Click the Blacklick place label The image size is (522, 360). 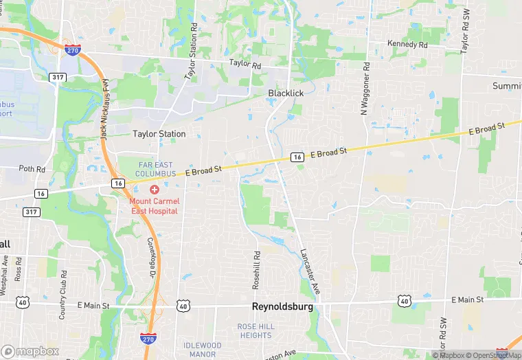tap(286, 93)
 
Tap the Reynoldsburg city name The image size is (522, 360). tap(283, 307)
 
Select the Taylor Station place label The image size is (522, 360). tap(159, 134)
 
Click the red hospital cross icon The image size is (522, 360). tap(155, 189)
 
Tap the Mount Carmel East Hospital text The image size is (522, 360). tap(154, 205)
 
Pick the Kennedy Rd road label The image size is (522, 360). tap(407, 44)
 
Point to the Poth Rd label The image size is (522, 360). tap(32, 168)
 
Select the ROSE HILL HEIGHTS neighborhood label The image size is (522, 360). tap(256, 330)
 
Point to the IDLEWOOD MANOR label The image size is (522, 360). tap(202, 350)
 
